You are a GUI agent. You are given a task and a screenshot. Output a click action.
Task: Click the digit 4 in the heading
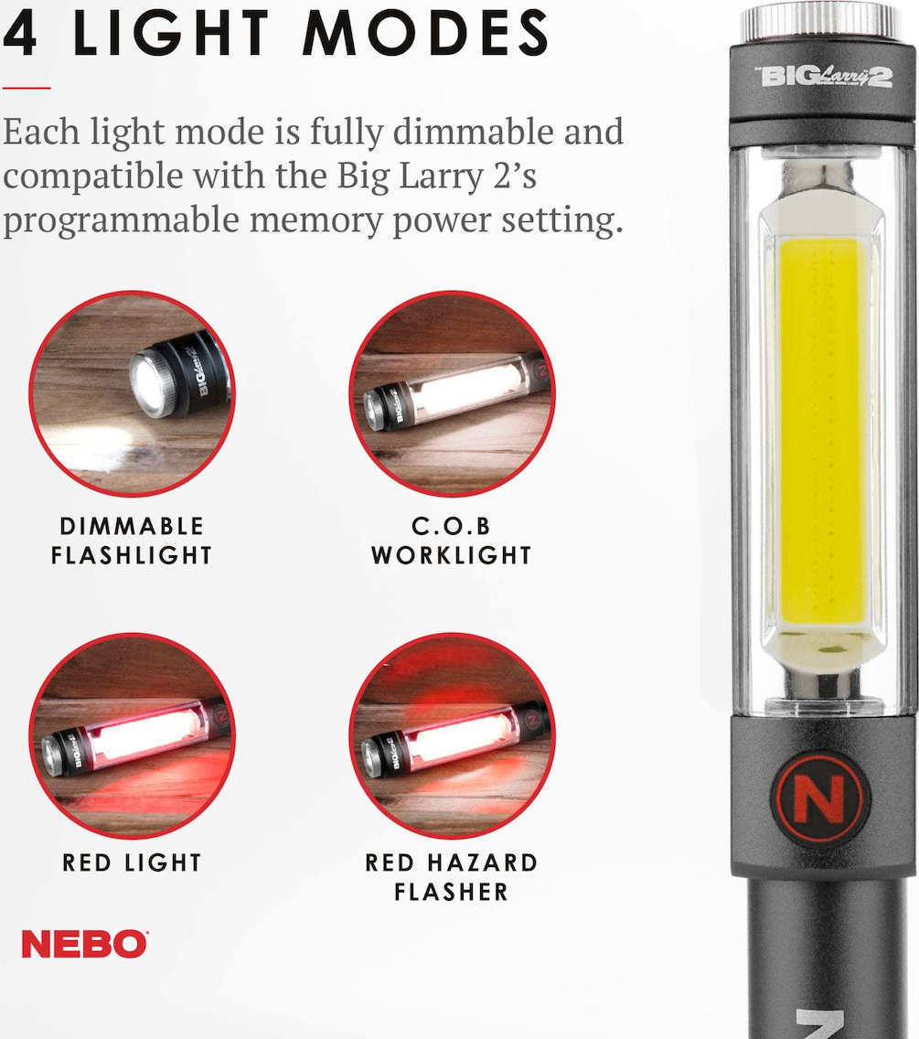tap(19, 33)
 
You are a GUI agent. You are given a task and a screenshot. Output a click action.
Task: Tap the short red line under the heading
tap(27, 87)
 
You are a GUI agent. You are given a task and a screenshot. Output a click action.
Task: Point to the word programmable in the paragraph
tap(120, 220)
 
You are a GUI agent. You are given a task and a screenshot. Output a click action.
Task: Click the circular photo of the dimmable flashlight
tap(133, 393)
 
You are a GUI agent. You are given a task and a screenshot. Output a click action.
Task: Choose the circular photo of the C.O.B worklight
tap(452, 393)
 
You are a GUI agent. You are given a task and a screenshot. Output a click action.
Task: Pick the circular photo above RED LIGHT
tap(133, 735)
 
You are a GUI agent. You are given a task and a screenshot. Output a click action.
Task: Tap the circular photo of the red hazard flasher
tap(452, 735)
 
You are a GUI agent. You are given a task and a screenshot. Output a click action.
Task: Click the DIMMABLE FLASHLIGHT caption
tap(132, 541)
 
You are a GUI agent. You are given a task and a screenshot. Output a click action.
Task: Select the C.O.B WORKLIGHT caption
tap(451, 541)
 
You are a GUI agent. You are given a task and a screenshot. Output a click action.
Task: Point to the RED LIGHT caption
tap(132, 862)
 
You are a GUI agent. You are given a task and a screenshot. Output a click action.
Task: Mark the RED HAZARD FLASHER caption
tap(451, 877)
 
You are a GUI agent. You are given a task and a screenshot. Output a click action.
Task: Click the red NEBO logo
tap(85, 944)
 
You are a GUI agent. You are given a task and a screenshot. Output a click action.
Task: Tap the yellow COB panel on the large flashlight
tap(822, 432)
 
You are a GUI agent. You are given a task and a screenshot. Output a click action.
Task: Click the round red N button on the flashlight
tap(819, 798)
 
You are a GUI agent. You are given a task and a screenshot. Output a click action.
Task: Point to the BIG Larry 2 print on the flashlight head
tap(824, 77)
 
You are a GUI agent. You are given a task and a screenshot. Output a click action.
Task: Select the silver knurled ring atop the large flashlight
tap(819, 23)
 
